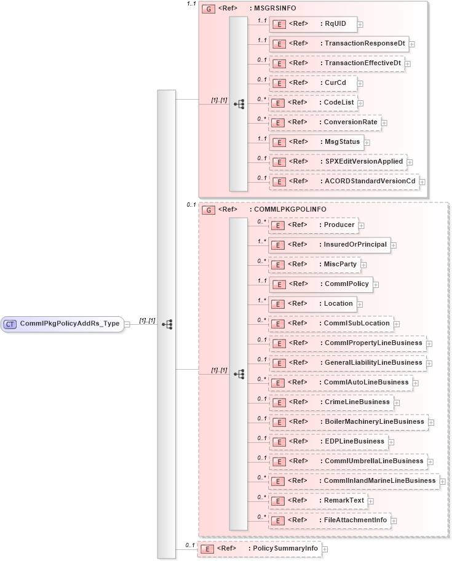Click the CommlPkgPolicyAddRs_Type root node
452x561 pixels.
pyautogui.click(x=61, y=323)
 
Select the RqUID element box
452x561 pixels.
pyautogui.click(x=313, y=24)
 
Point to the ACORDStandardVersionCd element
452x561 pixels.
pyautogui.click(x=344, y=181)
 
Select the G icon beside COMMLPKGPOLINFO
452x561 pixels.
pyautogui.click(x=208, y=210)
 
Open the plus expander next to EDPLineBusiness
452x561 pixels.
pyautogui.click(x=392, y=442)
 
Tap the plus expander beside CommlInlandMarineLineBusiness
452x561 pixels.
pyautogui.click(x=443, y=481)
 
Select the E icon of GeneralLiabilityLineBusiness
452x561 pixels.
pyautogui.click(x=279, y=363)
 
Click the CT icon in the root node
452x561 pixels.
pyautogui.click(x=10, y=323)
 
